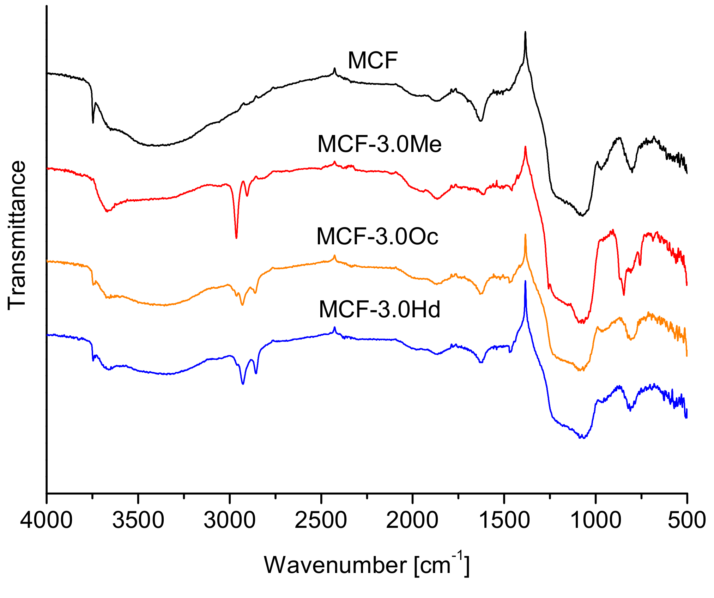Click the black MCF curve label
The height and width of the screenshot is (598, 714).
tap(373, 61)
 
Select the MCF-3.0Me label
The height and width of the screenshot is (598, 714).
tap(379, 144)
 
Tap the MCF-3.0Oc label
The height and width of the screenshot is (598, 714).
tap(377, 236)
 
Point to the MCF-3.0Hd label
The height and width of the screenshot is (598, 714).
tap(379, 310)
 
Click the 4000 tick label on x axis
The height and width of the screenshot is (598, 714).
tap(46, 520)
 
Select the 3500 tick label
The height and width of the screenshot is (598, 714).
tap(138, 520)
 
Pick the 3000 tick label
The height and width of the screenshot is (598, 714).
tap(229, 520)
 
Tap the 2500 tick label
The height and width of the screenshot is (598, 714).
tap(321, 520)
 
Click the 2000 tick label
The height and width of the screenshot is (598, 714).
tap(412, 520)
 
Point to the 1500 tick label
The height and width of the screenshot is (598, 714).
tap(504, 520)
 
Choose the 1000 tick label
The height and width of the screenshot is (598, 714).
tap(595, 520)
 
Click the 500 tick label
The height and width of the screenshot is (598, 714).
tap(686, 520)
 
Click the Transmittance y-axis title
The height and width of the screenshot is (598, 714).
tap(17, 235)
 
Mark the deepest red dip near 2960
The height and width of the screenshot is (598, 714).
tap(236, 238)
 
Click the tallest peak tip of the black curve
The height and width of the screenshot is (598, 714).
tap(525, 32)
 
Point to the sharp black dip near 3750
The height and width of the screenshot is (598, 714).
tap(93, 123)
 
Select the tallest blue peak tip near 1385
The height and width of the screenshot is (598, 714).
tap(525, 281)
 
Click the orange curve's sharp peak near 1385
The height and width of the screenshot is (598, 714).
tap(525, 234)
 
